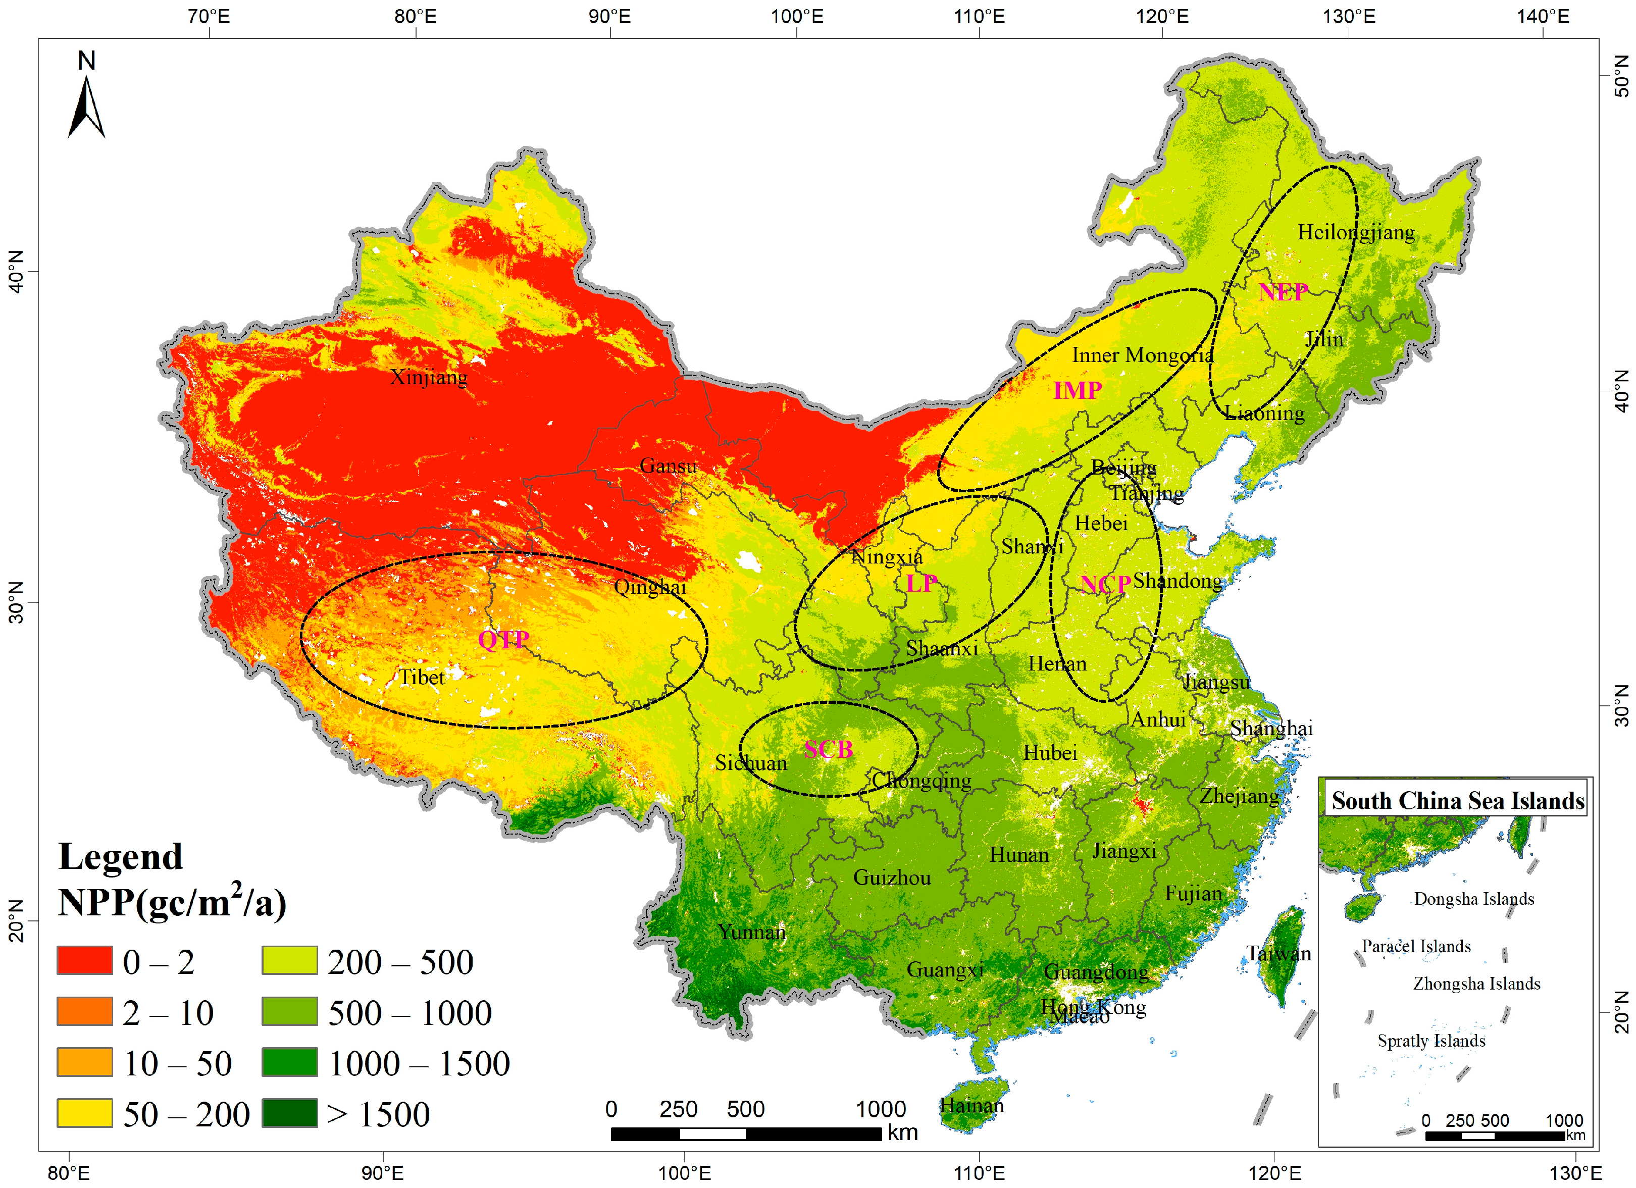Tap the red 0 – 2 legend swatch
click(x=84, y=960)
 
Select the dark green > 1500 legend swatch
click(x=289, y=1112)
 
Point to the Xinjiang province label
click(x=429, y=377)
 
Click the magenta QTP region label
click(x=503, y=639)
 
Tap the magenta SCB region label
click(x=828, y=749)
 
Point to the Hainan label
click(x=971, y=1106)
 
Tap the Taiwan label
click(x=1278, y=954)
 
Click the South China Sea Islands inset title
click(x=1457, y=801)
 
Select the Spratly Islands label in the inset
click(x=1431, y=1041)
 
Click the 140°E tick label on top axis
click(x=1542, y=16)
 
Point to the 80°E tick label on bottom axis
click(x=69, y=1173)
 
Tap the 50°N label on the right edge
click(x=1620, y=76)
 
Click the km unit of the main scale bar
click(x=902, y=1132)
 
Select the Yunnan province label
click(x=751, y=932)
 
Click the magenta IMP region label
click(x=1077, y=390)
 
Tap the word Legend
click(x=121, y=857)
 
